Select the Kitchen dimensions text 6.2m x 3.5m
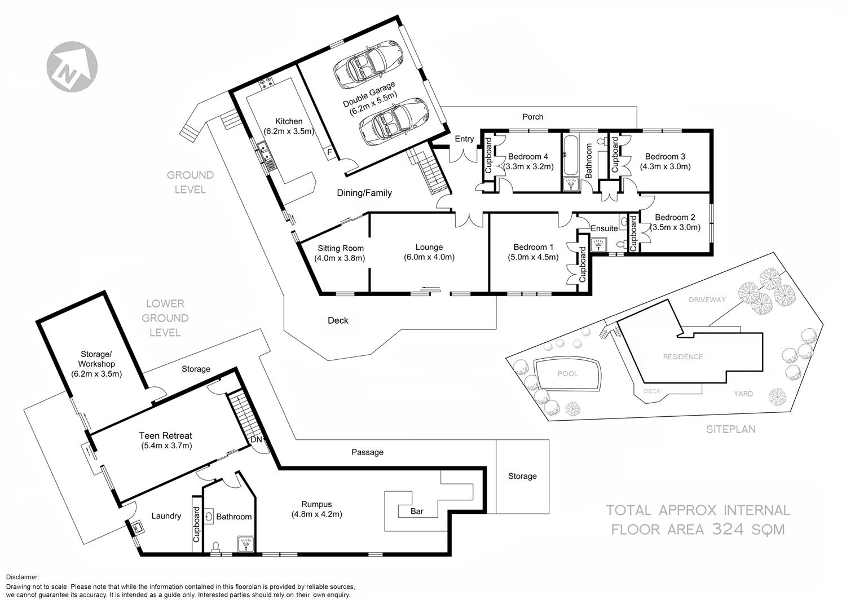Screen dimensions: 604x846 pyautogui.click(x=288, y=131)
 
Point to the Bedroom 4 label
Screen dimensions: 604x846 pyautogui.click(x=528, y=156)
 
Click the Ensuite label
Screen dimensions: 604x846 pyautogui.click(x=604, y=228)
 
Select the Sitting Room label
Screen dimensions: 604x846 pyautogui.click(x=340, y=248)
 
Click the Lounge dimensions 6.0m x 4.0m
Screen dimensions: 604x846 pyautogui.click(x=429, y=257)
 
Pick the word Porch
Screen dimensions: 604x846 pyautogui.click(x=532, y=117)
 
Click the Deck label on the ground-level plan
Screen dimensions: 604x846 pyautogui.click(x=338, y=320)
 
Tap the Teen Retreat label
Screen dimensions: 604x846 pyautogui.click(x=165, y=435)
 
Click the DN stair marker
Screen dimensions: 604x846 pyautogui.click(x=256, y=439)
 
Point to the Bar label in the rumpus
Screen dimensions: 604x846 pyautogui.click(x=417, y=512)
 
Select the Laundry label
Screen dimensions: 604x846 pyautogui.click(x=166, y=515)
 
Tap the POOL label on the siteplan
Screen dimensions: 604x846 pyautogui.click(x=567, y=373)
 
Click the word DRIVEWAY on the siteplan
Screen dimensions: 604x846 pyautogui.click(x=707, y=300)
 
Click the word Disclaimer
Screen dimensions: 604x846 pyautogui.click(x=22, y=577)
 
